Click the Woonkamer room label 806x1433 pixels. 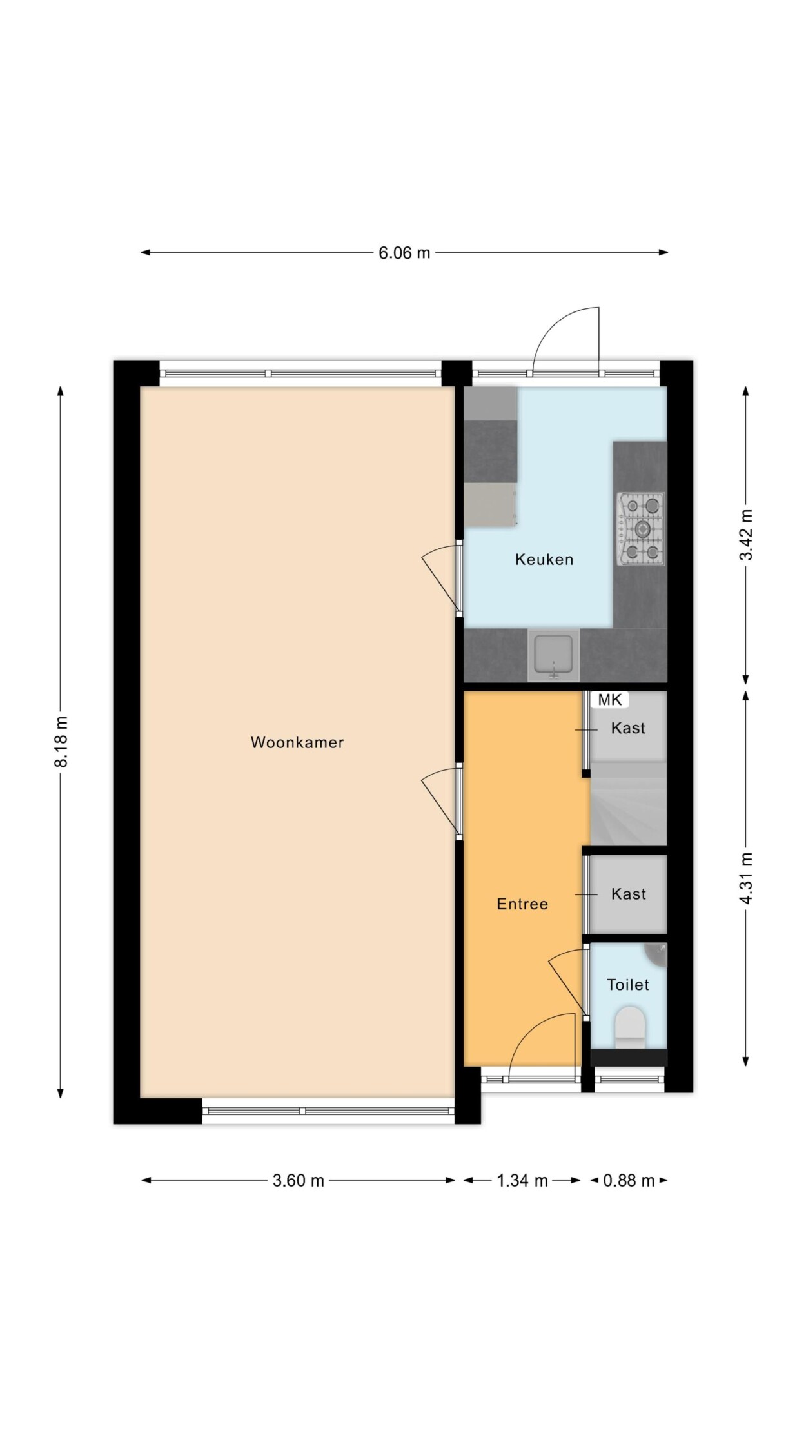297,742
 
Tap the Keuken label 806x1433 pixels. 544,559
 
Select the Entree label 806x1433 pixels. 522,904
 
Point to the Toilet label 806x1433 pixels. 628,985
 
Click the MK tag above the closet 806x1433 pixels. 610,700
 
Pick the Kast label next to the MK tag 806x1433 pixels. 628,728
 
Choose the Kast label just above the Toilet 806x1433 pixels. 629,894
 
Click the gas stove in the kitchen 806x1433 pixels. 642,529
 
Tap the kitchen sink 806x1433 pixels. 553,655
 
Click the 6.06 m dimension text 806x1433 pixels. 404,253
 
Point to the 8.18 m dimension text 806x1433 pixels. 61,742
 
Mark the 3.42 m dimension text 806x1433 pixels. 746,535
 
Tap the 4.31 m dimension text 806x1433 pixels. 746,878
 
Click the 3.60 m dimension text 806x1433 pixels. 299,1181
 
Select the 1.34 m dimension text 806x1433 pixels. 522,1181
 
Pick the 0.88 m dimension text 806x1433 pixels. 629,1181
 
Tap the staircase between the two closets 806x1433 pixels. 628,804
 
